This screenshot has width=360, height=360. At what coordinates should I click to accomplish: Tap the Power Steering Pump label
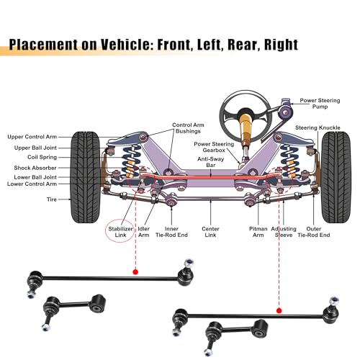click(320, 104)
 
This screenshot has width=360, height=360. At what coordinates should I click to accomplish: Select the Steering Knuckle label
click(318, 127)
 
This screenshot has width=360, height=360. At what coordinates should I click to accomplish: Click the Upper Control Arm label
click(32, 137)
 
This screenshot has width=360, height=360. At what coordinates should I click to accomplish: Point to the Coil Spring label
click(42, 157)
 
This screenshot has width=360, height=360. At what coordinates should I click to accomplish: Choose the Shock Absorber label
click(35, 168)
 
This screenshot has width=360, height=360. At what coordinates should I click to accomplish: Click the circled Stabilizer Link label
click(120, 232)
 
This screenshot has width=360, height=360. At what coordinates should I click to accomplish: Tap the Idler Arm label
click(143, 232)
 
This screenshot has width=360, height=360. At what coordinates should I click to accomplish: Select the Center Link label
click(210, 232)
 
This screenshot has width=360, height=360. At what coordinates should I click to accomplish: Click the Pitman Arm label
click(258, 232)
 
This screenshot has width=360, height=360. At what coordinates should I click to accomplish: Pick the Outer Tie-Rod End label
click(314, 232)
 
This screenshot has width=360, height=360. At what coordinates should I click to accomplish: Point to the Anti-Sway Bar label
click(210, 162)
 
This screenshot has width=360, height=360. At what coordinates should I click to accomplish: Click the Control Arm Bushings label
click(188, 128)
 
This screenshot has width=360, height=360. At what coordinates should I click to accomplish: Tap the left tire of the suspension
click(85, 177)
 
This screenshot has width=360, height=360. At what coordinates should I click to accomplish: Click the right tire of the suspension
click(336, 177)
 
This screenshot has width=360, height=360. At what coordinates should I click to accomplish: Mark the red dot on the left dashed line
click(135, 272)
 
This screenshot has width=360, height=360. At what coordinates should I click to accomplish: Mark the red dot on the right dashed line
click(279, 311)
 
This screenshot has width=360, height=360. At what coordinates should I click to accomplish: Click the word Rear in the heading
click(243, 45)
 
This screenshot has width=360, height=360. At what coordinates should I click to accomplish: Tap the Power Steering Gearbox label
click(214, 147)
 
